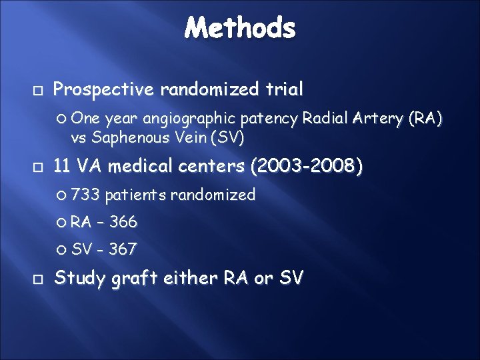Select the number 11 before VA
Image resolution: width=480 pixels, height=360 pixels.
61,166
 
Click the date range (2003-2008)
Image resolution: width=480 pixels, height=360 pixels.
306,166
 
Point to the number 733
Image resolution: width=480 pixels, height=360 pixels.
85,195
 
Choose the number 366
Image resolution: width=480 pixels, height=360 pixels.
124,222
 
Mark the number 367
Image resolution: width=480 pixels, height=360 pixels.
123,249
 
